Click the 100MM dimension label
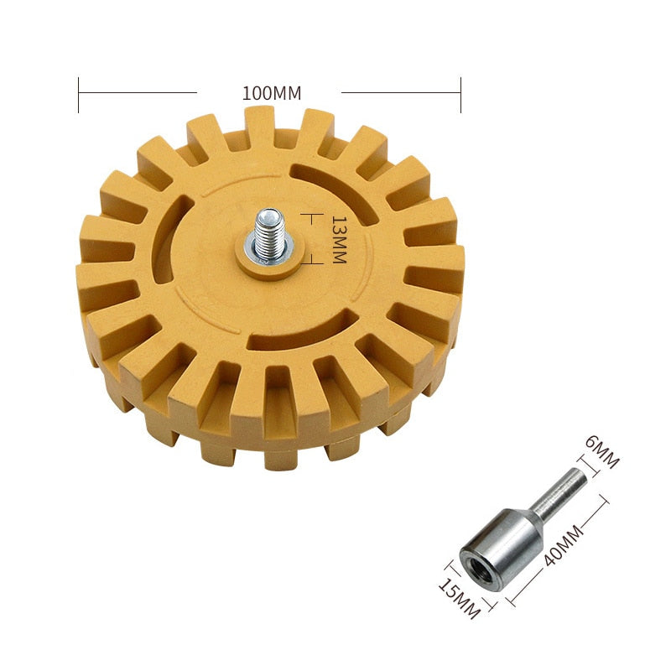click(x=272, y=93)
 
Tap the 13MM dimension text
click(x=339, y=239)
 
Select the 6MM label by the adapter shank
click(x=602, y=453)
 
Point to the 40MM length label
click(x=563, y=545)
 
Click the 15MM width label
click(x=459, y=598)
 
